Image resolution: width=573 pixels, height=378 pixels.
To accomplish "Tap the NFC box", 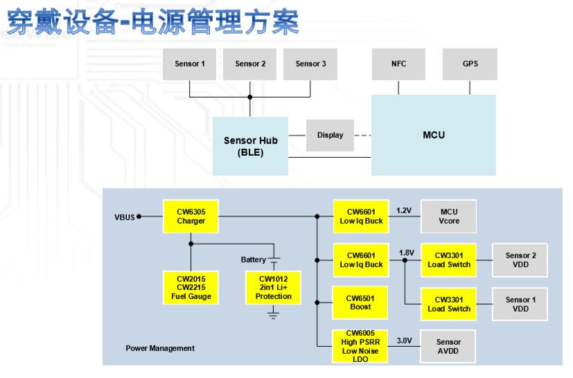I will (x=398, y=64).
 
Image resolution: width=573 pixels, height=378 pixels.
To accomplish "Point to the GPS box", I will (x=470, y=64).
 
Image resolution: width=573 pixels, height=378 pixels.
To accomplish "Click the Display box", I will (x=330, y=135).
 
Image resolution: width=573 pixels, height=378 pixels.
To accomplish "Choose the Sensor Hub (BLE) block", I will (x=250, y=145).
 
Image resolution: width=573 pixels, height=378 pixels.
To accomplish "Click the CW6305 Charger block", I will (x=191, y=215).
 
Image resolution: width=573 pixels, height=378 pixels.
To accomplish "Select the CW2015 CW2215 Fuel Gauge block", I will (x=191, y=287).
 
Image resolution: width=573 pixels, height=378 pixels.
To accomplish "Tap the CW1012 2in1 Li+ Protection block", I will (x=273, y=287).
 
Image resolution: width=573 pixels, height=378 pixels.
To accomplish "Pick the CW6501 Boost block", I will (x=360, y=302).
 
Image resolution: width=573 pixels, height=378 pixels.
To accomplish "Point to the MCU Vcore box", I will (x=449, y=215).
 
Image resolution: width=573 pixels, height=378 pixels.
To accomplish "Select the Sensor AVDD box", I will (x=449, y=347).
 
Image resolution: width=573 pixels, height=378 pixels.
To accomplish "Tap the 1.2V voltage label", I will (x=404, y=209).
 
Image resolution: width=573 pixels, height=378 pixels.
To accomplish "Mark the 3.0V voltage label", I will (x=404, y=340).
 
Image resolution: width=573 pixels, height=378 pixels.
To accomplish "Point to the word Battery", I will (x=253, y=260).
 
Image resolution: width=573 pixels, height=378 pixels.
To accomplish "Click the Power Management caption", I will (x=160, y=348).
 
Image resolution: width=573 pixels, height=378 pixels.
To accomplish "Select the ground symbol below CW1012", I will (x=273, y=315).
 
